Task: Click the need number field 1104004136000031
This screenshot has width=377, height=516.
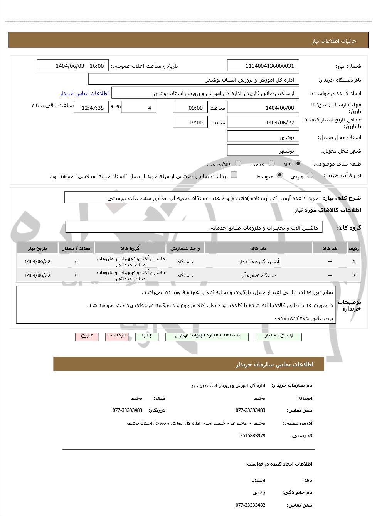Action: pyautogui.click(x=263, y=66)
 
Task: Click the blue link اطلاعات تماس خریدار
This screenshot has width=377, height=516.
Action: pyautogui.click(x=84, y=93)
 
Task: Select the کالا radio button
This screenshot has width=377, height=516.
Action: pyautogui.click(x=298, y=163)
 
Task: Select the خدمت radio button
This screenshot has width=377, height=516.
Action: pyautogui.click(x=272, y=163)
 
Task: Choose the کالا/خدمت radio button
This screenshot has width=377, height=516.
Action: pyautogui.click(x=238, y=163)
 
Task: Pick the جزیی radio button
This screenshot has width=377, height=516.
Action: pyautogui.click(x=310, y=175)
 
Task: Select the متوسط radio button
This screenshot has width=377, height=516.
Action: pyautogui.click(x=280, y=175)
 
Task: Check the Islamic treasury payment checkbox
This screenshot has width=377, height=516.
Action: pyautogui.click(x=234, y=175)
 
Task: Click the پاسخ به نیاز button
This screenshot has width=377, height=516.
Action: pyautogui.click(x=279, y=336)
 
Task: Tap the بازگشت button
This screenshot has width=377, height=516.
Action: pyautogui.click(x=117, y=336)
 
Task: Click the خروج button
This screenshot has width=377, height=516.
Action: pyautogui.click(x=87, y=336)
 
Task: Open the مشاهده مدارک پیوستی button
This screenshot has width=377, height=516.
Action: pyautogui.click(x=207, y=336)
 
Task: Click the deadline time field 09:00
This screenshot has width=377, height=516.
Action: pyautogui.click(x=190, y=108)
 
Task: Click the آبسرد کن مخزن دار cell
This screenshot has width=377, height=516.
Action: pyautogui.click(x=259, y=261)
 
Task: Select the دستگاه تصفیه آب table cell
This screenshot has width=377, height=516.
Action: pyautogui.click(x=259, y=275)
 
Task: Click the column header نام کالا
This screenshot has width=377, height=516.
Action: pyautogui.click(x=259, y=248)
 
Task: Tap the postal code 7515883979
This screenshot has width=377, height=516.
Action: pyautogui.click(x=252, y=436)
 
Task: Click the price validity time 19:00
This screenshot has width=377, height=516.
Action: pyautogui.click(x=190, y=123)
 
